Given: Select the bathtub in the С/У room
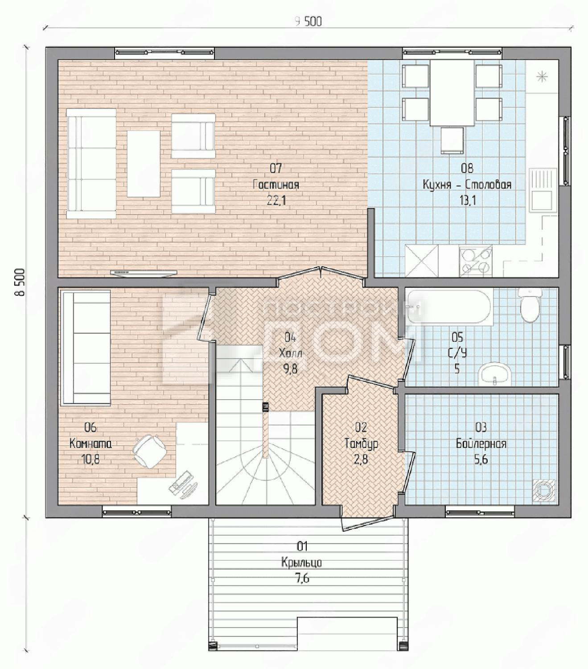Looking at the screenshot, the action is (448, 306).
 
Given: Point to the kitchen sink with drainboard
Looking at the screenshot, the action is (543, 190).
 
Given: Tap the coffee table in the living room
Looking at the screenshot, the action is (144, 164).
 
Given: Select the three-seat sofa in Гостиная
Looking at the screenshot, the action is (91, 164).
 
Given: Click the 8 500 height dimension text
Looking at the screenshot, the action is (21, 283).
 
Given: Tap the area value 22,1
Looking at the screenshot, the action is (276, 201).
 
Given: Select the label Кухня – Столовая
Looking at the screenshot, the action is (467, 185).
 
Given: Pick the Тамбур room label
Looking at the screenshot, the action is (361, 444).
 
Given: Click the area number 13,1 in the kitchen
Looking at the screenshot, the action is (468, 200).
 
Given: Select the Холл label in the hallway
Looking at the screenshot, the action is (291, 354).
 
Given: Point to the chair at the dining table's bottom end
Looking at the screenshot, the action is (452, 140).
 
